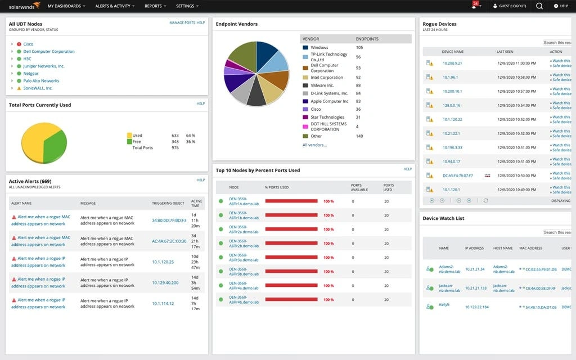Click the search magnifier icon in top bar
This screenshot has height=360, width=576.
click(539, 6)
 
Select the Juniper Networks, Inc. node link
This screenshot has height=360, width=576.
click(44, 66)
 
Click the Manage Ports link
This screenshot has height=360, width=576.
click(182, 23)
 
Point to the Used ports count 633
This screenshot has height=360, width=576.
click(175, 136)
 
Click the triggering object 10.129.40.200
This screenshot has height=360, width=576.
click(165, 283)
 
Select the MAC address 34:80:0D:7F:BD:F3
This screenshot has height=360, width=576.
click(169, 220)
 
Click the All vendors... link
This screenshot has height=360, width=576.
click(314, 145)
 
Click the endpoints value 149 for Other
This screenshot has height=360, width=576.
click(359, 136)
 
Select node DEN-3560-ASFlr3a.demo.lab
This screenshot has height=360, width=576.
click(244, 258)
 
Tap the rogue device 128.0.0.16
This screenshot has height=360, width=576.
click(451, 105)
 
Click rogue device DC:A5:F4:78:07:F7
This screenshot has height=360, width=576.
click(457, 175)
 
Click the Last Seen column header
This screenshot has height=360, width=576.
click(504, 52)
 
